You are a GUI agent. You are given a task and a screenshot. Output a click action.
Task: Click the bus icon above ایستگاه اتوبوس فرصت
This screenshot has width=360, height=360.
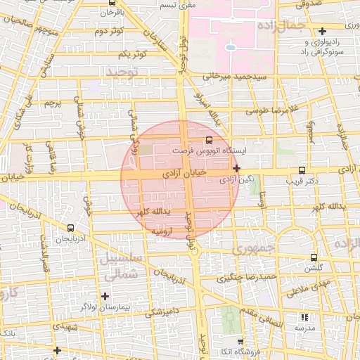208,140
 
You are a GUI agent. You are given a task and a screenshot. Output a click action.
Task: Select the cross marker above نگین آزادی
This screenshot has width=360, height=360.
236,168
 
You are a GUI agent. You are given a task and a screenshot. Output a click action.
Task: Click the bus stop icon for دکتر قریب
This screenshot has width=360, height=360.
302,170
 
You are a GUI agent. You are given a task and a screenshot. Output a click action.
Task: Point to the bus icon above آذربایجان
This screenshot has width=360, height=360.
70,228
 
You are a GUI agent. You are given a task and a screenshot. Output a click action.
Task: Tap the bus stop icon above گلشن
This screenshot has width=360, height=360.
314,257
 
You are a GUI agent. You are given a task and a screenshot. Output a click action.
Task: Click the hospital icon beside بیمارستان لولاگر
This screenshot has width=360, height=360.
105,296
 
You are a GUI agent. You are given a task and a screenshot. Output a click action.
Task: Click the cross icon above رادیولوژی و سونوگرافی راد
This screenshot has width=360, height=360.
322,31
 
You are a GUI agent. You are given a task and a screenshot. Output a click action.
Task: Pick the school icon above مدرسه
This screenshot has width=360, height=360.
304,317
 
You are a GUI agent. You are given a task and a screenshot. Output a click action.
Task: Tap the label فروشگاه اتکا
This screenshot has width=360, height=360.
236,351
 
